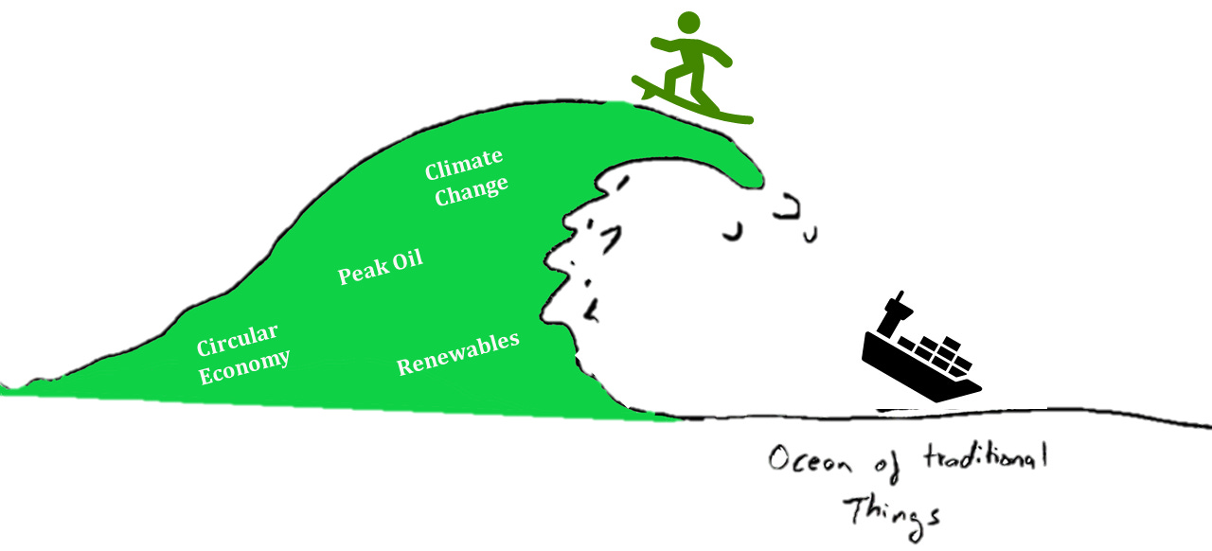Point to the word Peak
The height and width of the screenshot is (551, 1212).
[x=362, y=272]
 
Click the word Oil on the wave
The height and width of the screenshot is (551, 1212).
[x=407, y=258]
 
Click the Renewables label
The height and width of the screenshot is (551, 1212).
[x=458, y=353]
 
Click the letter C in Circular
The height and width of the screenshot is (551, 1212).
[x=203, y=347]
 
